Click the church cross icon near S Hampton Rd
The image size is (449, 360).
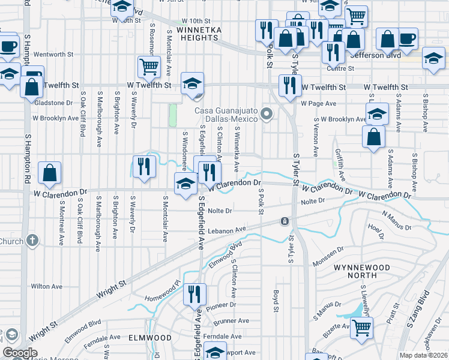pyautogui.click(x=32, y=241)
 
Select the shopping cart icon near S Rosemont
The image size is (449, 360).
pyautogui.click(x=149, y=66)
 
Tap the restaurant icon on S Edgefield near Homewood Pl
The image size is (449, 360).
pyautogui.click(x=194, y=294)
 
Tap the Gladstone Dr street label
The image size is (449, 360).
pyautogui.click(x=54, y=103)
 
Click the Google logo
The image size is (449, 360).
pyautogui.click(x=20, y=353)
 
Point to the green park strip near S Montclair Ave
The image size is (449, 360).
pyautogui.click(x=173, y=116)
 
